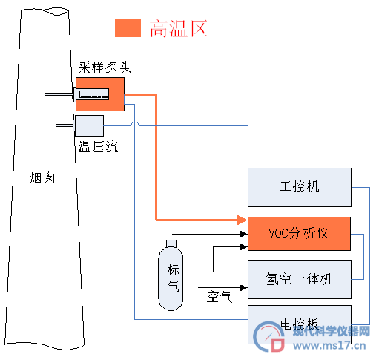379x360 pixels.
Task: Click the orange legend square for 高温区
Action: click(x=128, y=28)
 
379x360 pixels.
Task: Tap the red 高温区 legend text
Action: click(x=179, y=29)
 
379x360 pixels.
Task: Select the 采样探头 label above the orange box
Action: click(x=105, y=67)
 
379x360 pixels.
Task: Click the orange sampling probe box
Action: click(x=100, y=94)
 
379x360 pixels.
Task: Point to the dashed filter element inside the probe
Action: click(x=93, y=94)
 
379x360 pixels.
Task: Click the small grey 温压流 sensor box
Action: click(x=89, y=125)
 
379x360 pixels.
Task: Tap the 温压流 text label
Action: click(x=98, y=146)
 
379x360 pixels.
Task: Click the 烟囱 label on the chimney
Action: click(x=42, y=178)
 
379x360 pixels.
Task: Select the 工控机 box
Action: click(x=300, y=187)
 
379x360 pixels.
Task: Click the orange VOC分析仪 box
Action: click(x=299, y=234)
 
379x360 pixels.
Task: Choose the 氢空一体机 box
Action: click(x=300, y=279)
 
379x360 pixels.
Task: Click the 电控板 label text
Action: click(x=299, y=324)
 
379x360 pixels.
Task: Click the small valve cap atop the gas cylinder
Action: click(x=171, y=243)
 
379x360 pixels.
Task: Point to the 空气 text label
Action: click(x=220, y=296)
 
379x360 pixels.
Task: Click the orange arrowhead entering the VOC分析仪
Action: click(x=243, y=220)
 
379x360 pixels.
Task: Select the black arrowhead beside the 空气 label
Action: click(x=244, y=288)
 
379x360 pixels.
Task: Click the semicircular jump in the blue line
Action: click(x=135, y=124)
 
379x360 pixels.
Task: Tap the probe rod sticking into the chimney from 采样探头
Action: click(x=59, y=94)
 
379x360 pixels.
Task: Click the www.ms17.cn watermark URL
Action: click(x=329, y=345)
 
